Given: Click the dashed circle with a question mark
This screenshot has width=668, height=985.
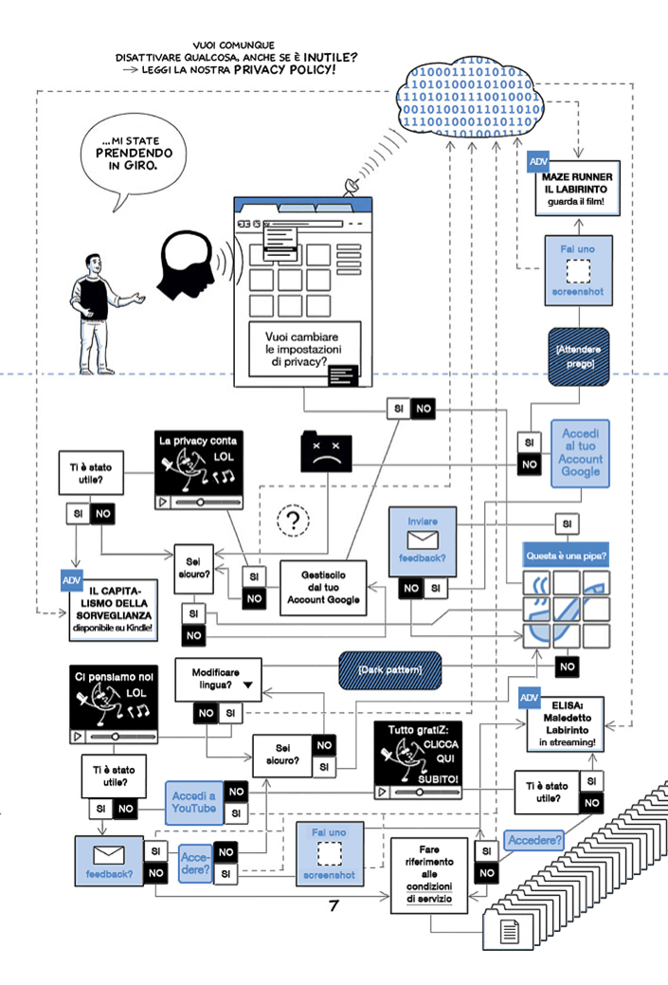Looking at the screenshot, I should point(294,520).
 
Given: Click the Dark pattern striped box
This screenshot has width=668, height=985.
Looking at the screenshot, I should point(391,670).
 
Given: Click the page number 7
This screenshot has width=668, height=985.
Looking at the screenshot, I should point(334,905).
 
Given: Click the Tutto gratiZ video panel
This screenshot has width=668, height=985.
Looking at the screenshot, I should point(418,761).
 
